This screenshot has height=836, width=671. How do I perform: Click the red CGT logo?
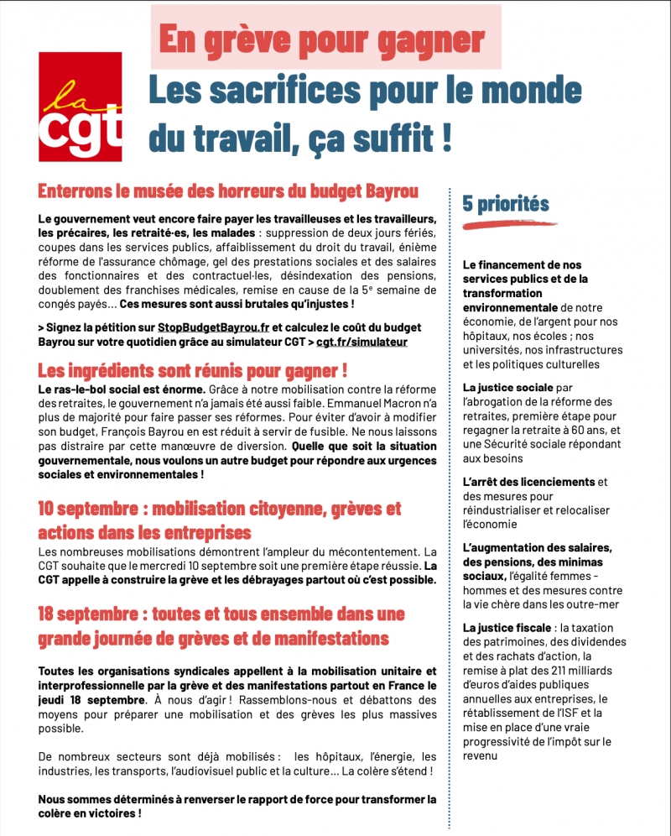point(81,107)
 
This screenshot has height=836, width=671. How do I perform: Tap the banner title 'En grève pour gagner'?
point(321,39)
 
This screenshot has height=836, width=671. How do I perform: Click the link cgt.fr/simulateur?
point(362,342)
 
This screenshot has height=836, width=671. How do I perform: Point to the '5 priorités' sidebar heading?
point(506,203)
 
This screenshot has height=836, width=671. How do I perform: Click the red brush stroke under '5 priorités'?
point(503,224)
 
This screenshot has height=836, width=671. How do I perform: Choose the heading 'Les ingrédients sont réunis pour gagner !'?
point(193,370)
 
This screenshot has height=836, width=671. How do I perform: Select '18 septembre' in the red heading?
point(86,614)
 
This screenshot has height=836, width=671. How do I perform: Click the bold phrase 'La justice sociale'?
point(508,388)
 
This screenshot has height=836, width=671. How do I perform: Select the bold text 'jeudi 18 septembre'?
point(90,699)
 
